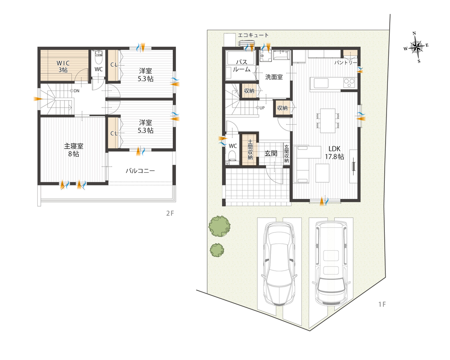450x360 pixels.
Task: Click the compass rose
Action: click(x=417, y=47)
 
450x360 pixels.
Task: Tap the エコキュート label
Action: click(x=253, y=35)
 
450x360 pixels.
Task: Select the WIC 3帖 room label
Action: click(x=63, y=66)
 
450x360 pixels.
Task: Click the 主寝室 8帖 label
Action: click(x=73, y=150)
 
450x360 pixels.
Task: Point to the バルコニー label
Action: click(x=140, y=171)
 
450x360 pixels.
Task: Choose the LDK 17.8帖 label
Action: click(x=334, y=153)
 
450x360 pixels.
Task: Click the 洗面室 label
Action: click(x=274, y=77)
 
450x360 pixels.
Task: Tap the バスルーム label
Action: click(x=242, y=66)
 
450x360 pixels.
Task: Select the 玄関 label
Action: click(x=270, y=153)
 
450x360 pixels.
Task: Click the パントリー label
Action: click(x=346, y=63)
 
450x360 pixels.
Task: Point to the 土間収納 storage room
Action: click(x=250, y=149)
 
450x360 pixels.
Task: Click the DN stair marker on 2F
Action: click(x=75, y=91)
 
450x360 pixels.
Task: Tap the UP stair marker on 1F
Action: click(x=260, y=108)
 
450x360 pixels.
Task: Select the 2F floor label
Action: click(x=170, y=213)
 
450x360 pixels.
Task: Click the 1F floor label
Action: click(x=382, y=304)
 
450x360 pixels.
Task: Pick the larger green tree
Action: click(x=219, y=226)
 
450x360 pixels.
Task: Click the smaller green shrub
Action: click(x=217, y=250)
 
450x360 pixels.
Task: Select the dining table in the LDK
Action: click(x=328, y=121)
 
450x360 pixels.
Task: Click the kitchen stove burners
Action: click(x=349, y=83)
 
